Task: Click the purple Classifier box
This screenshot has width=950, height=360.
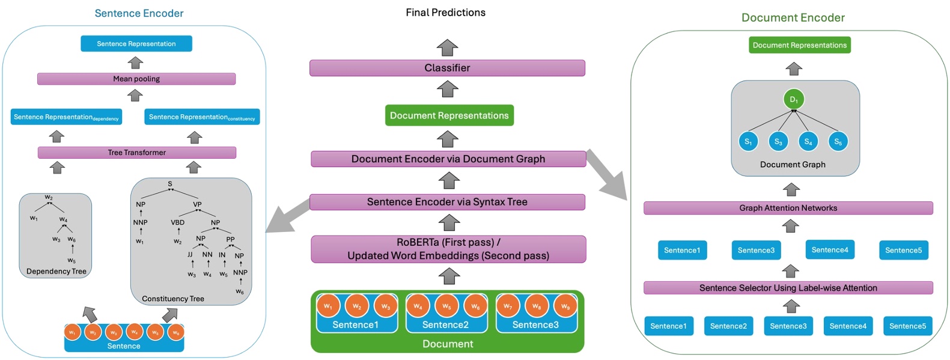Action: tap(447, 68)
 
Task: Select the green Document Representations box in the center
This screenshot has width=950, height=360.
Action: tap(449, 115)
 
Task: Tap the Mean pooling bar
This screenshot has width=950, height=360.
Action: tap(136, 79)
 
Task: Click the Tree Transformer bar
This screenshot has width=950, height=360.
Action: tap(137, 153)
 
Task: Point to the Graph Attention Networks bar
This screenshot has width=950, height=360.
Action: tap(788, 208)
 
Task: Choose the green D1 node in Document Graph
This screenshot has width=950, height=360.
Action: tap(793, 99)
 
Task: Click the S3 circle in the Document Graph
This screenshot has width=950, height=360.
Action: tap(778, 142)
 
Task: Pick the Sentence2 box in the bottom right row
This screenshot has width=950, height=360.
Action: tap(728, 326)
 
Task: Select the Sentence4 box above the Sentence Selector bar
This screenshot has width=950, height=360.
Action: tap(829, 249)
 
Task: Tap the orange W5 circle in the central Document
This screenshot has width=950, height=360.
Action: tap(446, 306)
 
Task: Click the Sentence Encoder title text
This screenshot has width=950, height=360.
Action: tap(139, 13)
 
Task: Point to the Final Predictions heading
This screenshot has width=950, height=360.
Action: tap(445, 13)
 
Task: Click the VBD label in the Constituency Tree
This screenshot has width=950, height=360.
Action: tap(178, 222)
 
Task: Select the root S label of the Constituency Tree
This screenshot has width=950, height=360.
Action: tap(170, 184)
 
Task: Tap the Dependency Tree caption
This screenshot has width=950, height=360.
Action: tap(56, 271)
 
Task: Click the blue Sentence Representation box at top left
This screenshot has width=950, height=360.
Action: tap(136, 44)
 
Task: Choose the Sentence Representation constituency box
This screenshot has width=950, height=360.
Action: tap(202, 117)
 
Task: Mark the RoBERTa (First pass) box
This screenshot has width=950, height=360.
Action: tap(448, 249)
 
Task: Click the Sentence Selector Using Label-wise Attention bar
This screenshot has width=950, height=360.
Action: tap(788, 288)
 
